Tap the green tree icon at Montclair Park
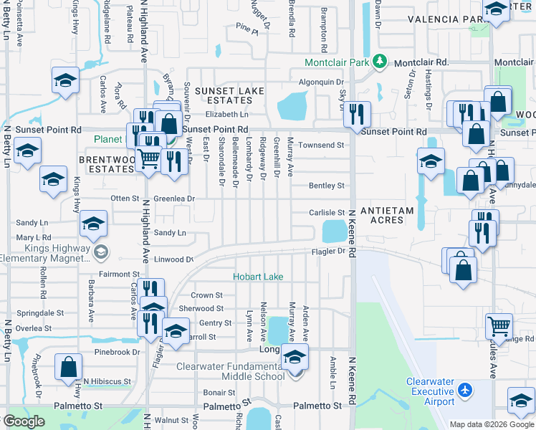click(x=383, y=62)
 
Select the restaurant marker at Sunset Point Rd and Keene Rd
click(x=355, y=114)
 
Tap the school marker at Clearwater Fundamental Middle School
click(x=295, y=356)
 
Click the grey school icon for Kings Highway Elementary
click(x=100, y=251)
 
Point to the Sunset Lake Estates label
click(x=221, y=96)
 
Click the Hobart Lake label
click(x=257, y=277)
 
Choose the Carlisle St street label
click(x=327, y=213)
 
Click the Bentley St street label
click(x=327, y=186)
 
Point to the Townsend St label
click(x=321, y=145)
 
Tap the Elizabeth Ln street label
click(x=226, y=114)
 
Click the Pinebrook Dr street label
click(x=117, y=353)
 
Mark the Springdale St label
click(x=41, y=313)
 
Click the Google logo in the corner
click(x=24, y=421)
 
